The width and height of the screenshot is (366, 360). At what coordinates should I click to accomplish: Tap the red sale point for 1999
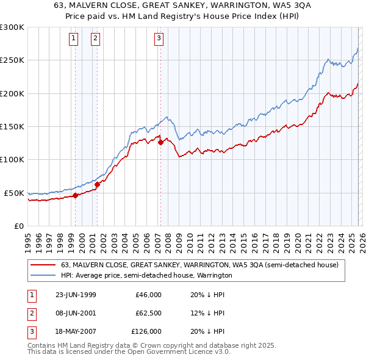pos(76,195)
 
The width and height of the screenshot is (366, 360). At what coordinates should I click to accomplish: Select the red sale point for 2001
pos(97,184)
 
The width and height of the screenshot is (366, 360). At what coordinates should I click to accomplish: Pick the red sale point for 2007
pos(160,143)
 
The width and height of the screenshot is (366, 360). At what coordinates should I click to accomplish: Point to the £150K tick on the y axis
pos(12,126)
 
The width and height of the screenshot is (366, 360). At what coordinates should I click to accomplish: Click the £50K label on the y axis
pos(14,193)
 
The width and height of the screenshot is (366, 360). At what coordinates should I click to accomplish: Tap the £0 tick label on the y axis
pos(19,226)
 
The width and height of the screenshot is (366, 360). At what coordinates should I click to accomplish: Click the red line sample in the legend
pos(43,265)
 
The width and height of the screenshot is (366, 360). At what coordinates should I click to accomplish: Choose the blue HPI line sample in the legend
pos(43,276)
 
